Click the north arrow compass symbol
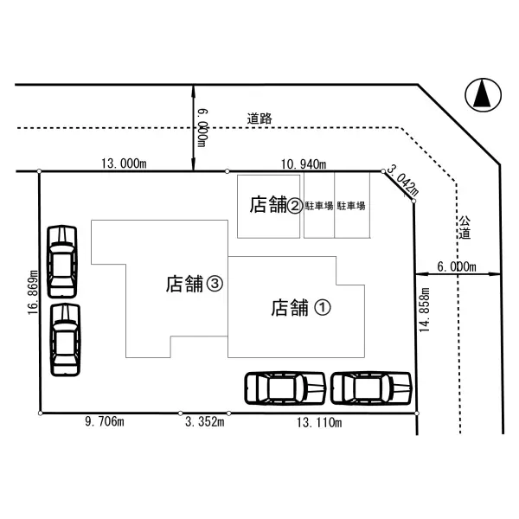point(483,94)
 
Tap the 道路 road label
point(259,119)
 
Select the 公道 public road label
point(465,227)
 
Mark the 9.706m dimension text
point(105,423)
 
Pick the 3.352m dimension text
point(204,423)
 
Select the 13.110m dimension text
point(319,423)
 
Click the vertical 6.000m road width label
point(201,126)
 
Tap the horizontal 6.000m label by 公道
point(458,266)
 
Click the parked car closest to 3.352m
point(285,388)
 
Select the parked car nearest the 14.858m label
point(371,388)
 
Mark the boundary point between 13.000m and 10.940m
point(227,171)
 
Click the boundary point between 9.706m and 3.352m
point(180,413)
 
